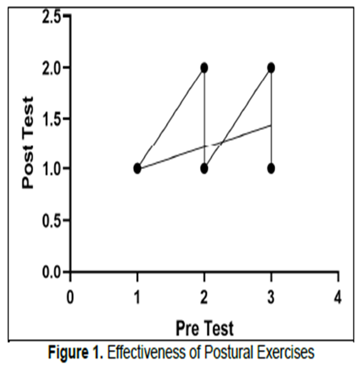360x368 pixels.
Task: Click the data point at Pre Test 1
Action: point(137,169)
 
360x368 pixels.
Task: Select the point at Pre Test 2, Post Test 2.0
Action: point(204,68)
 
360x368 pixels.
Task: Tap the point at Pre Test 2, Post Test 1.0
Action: point(204,169)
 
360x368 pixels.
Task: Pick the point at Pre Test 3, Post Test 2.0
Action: point(271,68)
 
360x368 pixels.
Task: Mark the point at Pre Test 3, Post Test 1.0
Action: point(271,169)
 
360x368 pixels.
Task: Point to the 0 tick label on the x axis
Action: point(70,297)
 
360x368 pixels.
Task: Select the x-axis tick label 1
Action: point(137,297)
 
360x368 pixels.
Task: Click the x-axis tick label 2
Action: point(204,297)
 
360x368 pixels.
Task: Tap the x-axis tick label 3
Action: point(271,297)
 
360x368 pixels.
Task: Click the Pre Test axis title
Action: point(204,329)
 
